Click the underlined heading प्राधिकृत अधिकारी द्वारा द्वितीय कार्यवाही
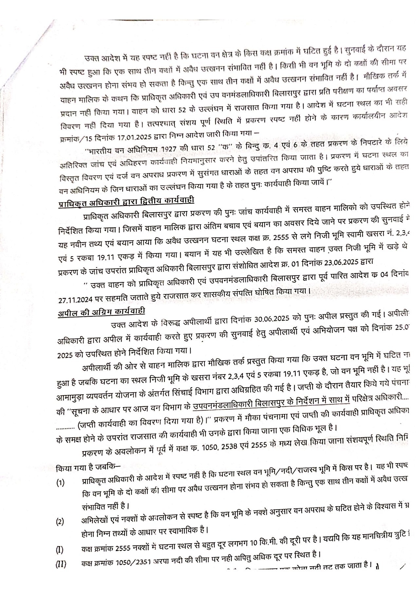tap(126, 202)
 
